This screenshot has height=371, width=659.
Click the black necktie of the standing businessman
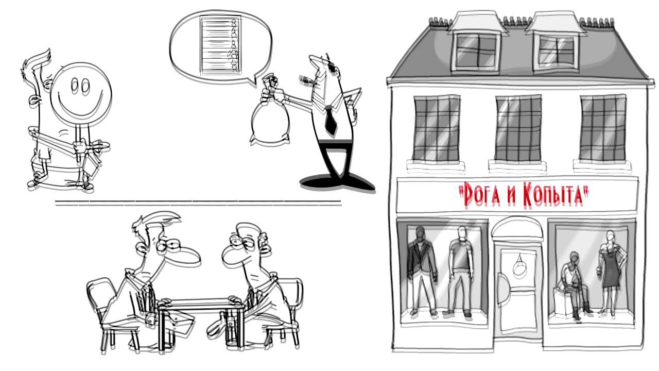(x=331, y=120)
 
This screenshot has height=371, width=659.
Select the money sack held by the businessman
(x=270, y=118)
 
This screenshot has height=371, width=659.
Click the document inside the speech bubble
(x=221, y=44)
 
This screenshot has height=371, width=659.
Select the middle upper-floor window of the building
(x=518, y=128)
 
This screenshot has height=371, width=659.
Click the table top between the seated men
(x=201, y=303)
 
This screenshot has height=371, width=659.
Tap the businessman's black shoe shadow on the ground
(x=337, y=183)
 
